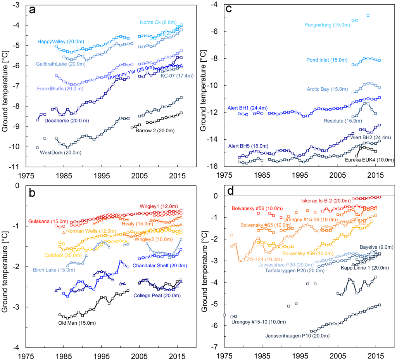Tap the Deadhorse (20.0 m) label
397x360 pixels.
click(x=67, y=121)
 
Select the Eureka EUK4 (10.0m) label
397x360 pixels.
click(x=370, y=159)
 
